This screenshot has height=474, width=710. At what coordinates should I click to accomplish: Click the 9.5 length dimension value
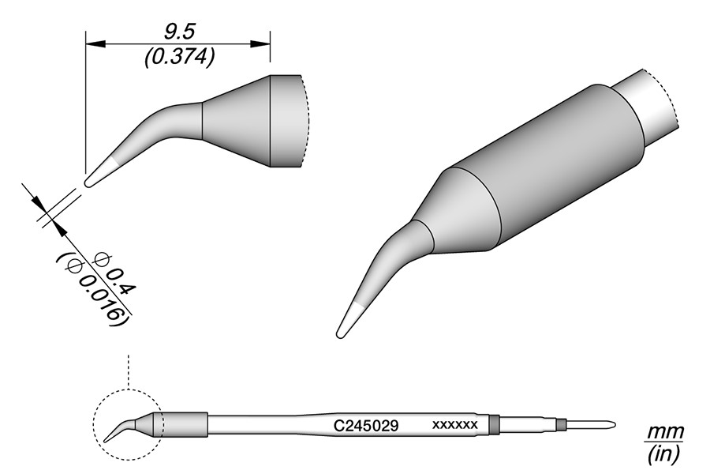pyautogui.click(x=179, y=32)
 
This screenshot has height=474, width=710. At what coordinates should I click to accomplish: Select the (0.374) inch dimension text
pyautogui.click(x=179, y=58)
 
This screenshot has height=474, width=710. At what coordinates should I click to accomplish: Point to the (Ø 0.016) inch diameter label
pyautogui.click(x=92, y=288)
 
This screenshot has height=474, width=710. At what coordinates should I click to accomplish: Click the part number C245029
pyautogui.click(x=365, y=426)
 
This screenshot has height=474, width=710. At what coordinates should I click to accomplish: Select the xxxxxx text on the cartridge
pyautogui.click(x=455, y=425)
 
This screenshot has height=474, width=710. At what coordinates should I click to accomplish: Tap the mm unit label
pyautogui.click(x=664, y=432)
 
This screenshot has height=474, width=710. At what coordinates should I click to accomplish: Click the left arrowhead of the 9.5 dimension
pyautogui.click(x=95, y=44)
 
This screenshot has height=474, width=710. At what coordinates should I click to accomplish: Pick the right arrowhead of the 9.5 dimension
pyautogui.click(x=260, y=44)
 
